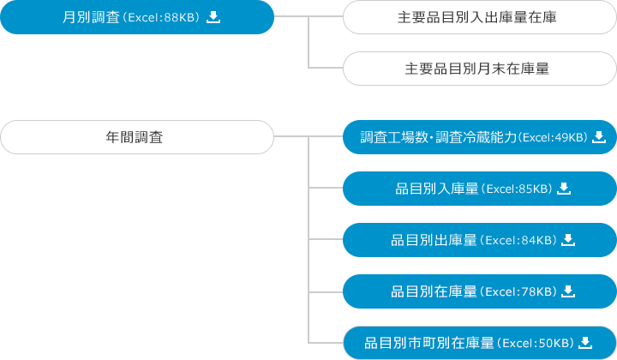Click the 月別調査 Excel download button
137,17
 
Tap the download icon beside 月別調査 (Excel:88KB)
214,17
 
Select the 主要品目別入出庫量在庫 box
479,17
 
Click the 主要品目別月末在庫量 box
479,69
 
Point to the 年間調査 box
136,137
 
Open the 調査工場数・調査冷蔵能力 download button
479,137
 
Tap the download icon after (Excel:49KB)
599,137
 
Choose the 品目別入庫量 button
479,189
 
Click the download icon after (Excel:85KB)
564,189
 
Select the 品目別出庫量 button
479,240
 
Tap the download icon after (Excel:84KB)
567,240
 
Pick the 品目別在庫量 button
479,291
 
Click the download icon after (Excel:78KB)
567,291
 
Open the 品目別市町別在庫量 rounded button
479,343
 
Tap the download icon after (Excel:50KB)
585,343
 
